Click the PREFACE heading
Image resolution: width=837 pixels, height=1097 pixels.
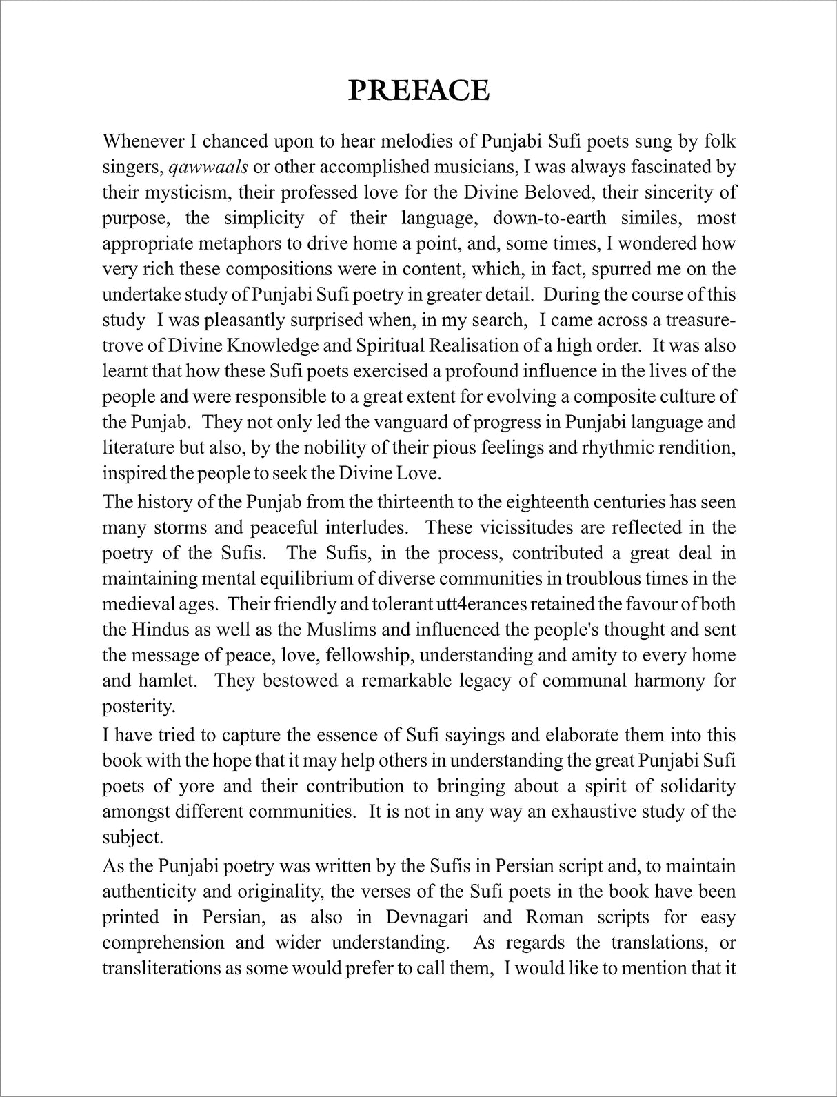418,90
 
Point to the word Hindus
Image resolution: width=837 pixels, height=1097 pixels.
153,630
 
